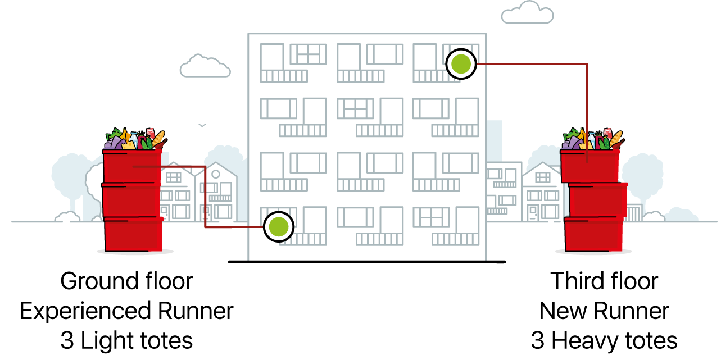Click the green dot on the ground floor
(x=279, y=226)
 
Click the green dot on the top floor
(x=461, y=63)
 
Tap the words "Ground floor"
(x=126, y=281)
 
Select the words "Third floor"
(x=604, y=281)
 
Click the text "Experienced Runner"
(x=126, y=311)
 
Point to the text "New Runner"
(x=604, y=311)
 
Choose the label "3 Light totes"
(x=126, y=340)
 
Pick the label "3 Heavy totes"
(x=604, y=340)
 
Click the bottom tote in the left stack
(x=133, y=235)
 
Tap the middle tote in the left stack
(x=131, y=199)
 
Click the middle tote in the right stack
(x=598, y=199)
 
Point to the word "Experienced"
(x=85, y=311)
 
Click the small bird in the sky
(x=202, y=125)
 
